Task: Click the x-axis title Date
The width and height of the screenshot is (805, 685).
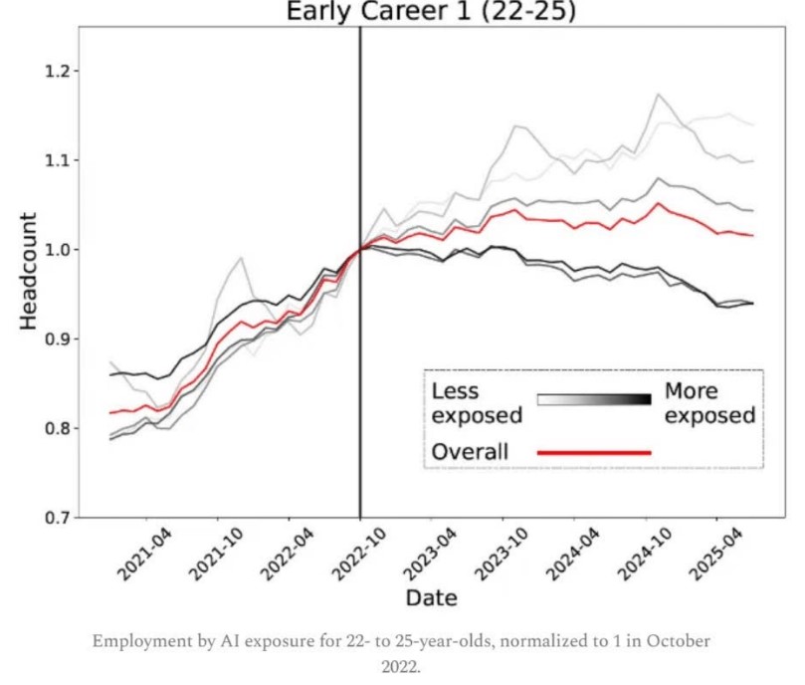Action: click(x=431, y=598)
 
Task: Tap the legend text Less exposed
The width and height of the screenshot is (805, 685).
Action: click(x=476, y=401)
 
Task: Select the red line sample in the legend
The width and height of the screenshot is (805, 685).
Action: click(x=594, y=452)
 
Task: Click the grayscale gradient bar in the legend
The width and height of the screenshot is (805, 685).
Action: click(x=594, y=399)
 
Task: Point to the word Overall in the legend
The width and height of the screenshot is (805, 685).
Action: click(x=470, y=452)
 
